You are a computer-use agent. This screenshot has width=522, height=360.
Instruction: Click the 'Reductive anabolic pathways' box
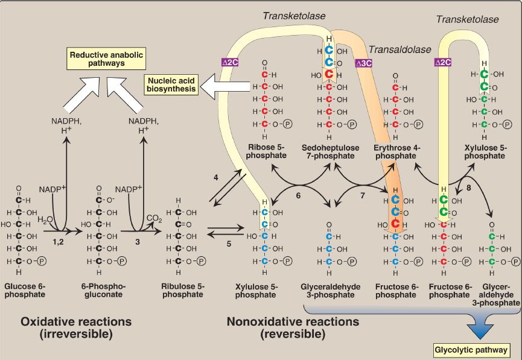pyautogui.click(x=101, y=59)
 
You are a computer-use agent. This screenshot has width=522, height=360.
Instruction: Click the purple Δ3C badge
pyautogui.click(x=364, y=62)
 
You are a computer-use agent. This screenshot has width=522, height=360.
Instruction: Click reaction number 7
pyautogui.click(x=361, y=197)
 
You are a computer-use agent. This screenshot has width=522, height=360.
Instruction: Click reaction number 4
pyautogui.click(x=215, y=177)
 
